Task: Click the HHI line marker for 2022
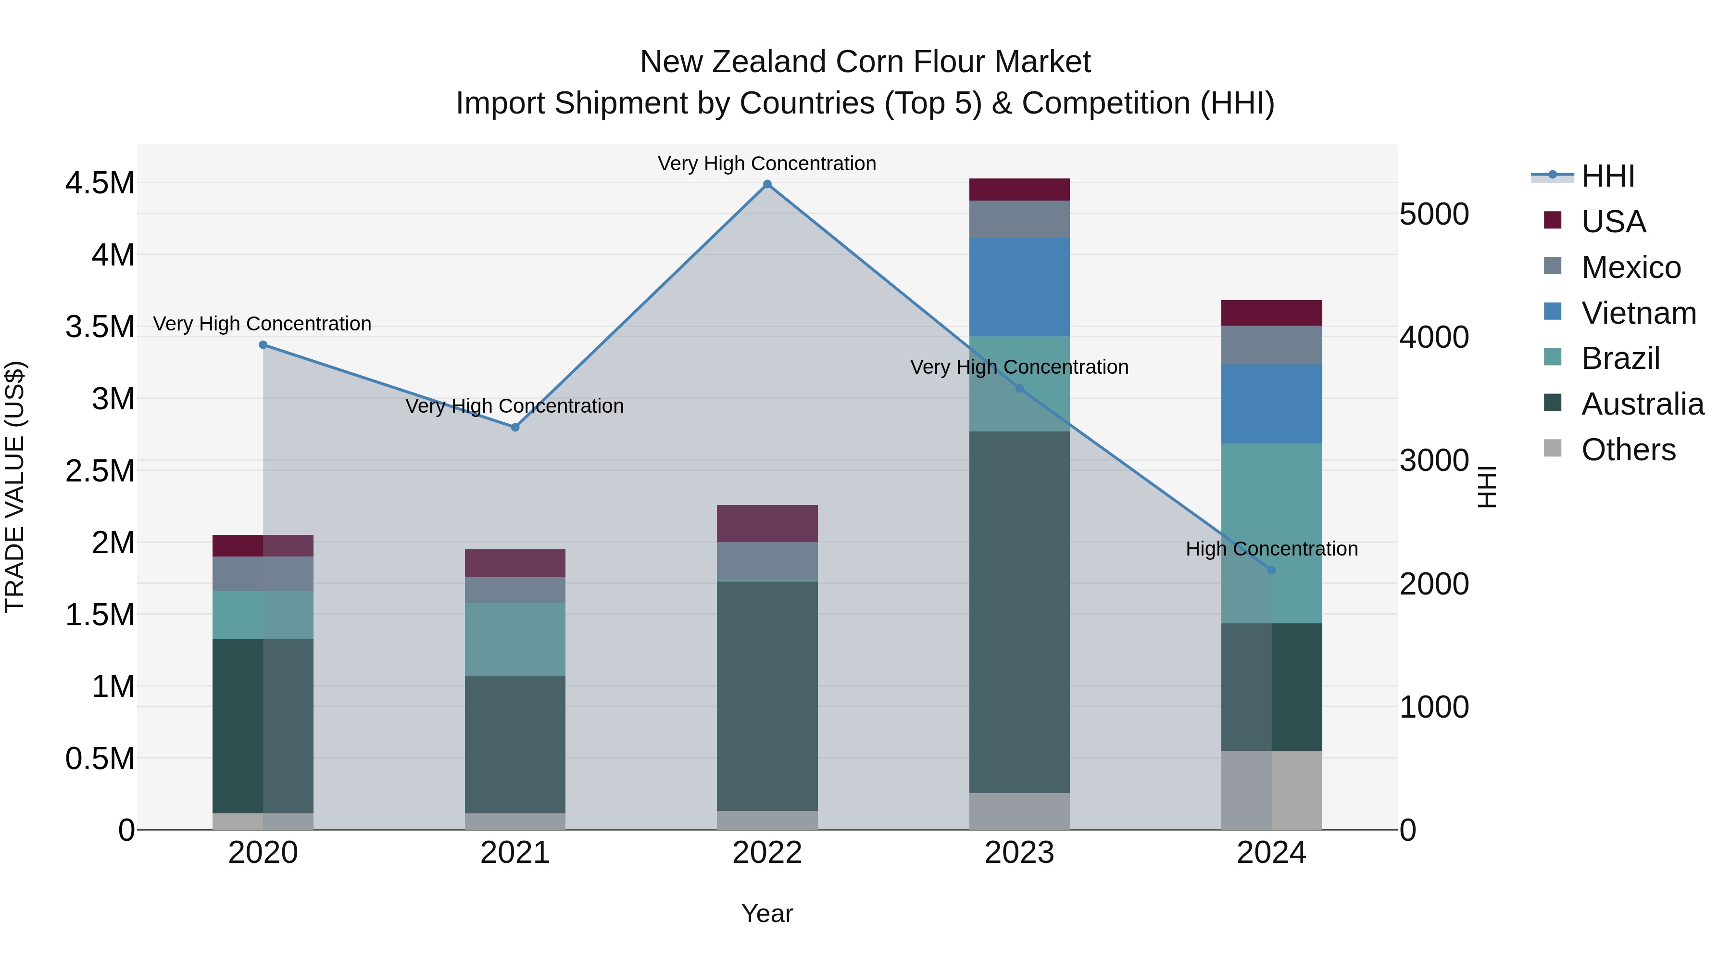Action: click(767, 184)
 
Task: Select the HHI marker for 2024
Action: click(1271, 570)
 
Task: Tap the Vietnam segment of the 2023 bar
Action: click(1019, 287)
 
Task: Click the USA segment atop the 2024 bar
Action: click(1271, 313)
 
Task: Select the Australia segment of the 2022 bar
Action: click(767, 696)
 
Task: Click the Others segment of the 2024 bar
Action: click(1271, 790)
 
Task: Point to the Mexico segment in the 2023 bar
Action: click(1019, 219)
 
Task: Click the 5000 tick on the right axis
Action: click(1434, 215)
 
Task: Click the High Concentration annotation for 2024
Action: click(1271, 549)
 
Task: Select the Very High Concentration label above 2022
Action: click(767, 164)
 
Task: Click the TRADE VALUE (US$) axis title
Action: click(15, 487)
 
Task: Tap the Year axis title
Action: click(767, 913)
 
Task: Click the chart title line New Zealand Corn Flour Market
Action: click(865, 62)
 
